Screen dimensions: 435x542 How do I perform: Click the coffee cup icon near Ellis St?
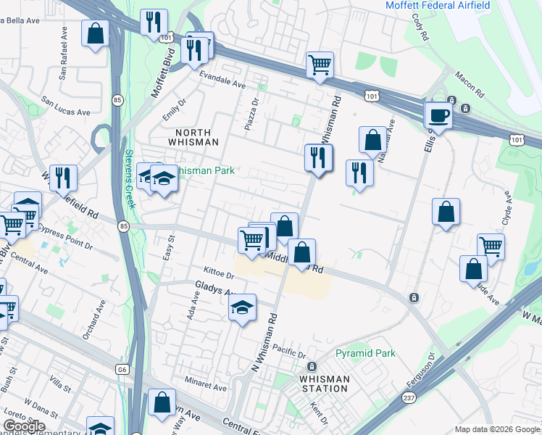(x=438, y=115)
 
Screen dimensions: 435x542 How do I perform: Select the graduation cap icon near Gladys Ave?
(x=243, y=308)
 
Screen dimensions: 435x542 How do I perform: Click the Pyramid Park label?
(x=366, y=354)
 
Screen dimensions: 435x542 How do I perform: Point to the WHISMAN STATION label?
(x=325, y=384)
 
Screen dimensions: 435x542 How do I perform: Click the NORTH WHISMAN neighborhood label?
(x=193, y=137)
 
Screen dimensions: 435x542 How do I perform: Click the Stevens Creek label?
(x=129, y=168)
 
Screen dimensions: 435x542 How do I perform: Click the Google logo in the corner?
(x=25, y=426)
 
